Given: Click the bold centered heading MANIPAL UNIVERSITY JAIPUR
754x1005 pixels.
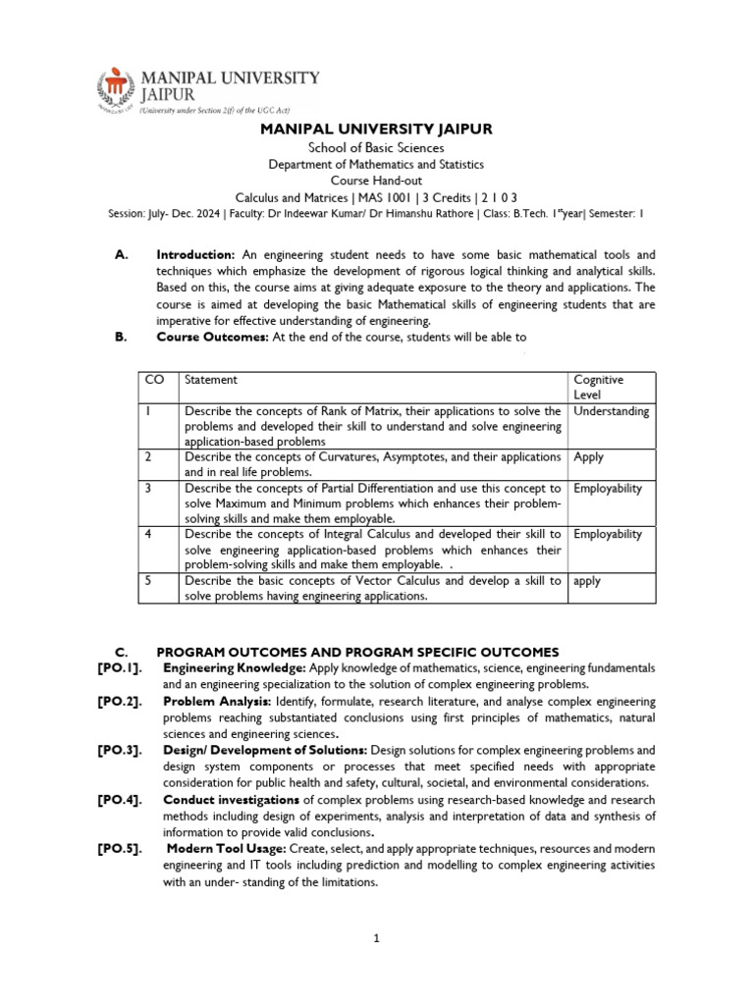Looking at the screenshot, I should (x=376, y=129).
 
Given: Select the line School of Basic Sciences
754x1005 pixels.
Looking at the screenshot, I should (x=376, y=148).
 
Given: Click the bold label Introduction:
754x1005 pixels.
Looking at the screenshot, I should (x=195, y=255).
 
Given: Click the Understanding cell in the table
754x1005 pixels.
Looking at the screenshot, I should (x=611, y=411).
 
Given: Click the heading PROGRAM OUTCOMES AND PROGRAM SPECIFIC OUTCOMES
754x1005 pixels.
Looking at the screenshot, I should (x=357, y=652).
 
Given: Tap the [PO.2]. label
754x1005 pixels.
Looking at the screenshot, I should (x=119, y=703).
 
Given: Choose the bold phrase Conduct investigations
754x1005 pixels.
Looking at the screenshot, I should (x=232, y=801).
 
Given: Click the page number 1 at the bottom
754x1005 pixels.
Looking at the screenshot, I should (x=376, y=938).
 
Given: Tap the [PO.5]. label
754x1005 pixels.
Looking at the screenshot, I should (x=119, y=848).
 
